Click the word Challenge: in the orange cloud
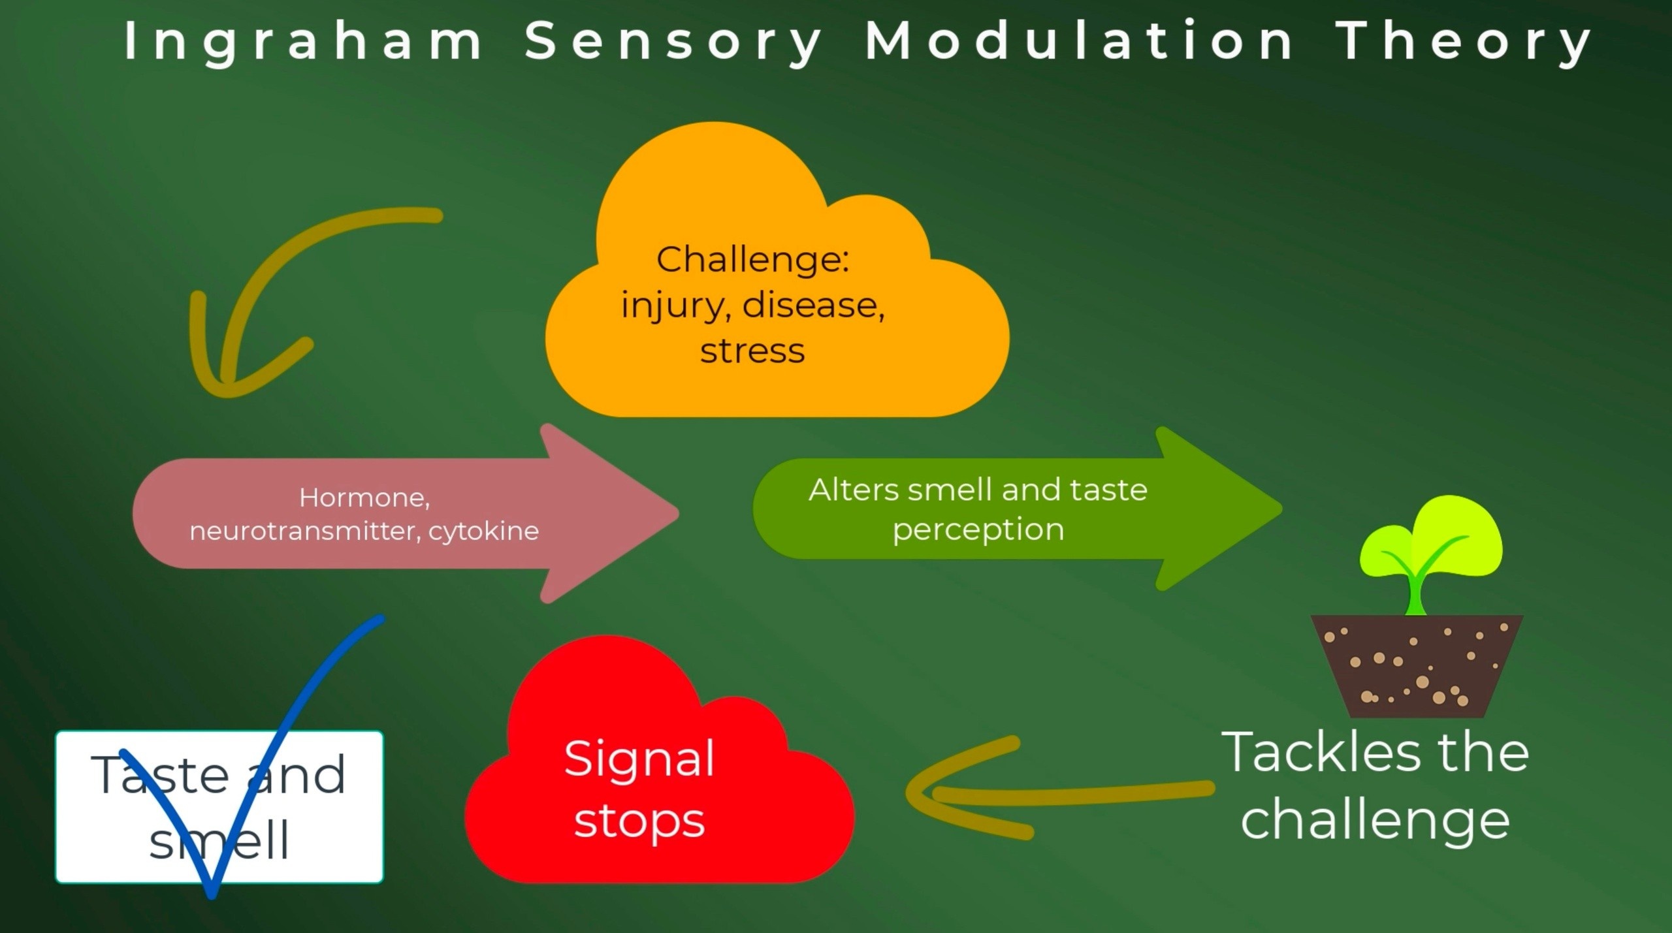752,260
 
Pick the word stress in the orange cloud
752,351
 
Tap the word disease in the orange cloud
813,305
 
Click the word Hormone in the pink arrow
364,498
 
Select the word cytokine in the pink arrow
484,531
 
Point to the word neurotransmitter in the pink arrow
304,531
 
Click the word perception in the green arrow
978,529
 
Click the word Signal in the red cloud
639,759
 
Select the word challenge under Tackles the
1375,821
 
